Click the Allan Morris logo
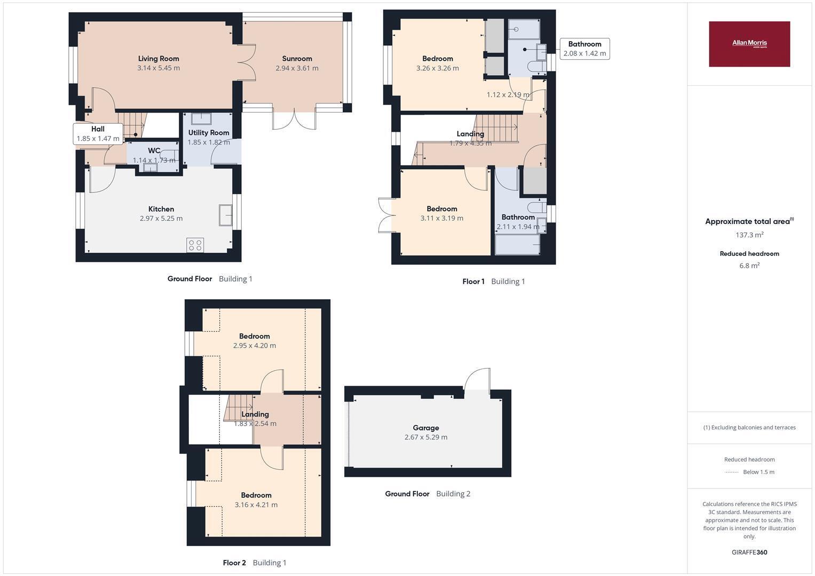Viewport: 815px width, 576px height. click(x=749, y=44)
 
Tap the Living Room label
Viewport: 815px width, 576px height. click(x=159, y=59)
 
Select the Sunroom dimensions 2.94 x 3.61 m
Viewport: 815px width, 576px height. click(x=297, y=68)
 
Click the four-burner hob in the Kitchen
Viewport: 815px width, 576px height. click(x=195, y=245)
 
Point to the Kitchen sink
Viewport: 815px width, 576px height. click(x=226, y=215)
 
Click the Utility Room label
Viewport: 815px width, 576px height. click(x=209, y=133)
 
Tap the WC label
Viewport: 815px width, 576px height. click(x=154, y=150)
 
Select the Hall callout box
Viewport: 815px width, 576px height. click(x=98, y=134)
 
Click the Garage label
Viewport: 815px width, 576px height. click(x=426, y=428)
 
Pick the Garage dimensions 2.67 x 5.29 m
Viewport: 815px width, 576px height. click(x=426, y=437)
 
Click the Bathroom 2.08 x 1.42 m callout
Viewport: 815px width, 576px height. click(x=584, y=49)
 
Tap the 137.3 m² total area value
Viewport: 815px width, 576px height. click(x=749, y=235)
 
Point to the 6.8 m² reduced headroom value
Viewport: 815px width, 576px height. click(x=749, y=266)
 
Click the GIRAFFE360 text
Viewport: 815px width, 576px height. click(x=749, y=552)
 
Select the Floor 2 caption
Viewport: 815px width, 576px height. click(x=234, y=563)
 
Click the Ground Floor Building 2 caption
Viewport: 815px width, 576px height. click(x=428, y=493)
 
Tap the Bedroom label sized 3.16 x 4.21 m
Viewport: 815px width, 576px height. click(x=256, y=495)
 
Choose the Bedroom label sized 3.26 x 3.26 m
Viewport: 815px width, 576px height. click(x=437, y=59)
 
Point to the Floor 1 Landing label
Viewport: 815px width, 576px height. click(x=470, y=134)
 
